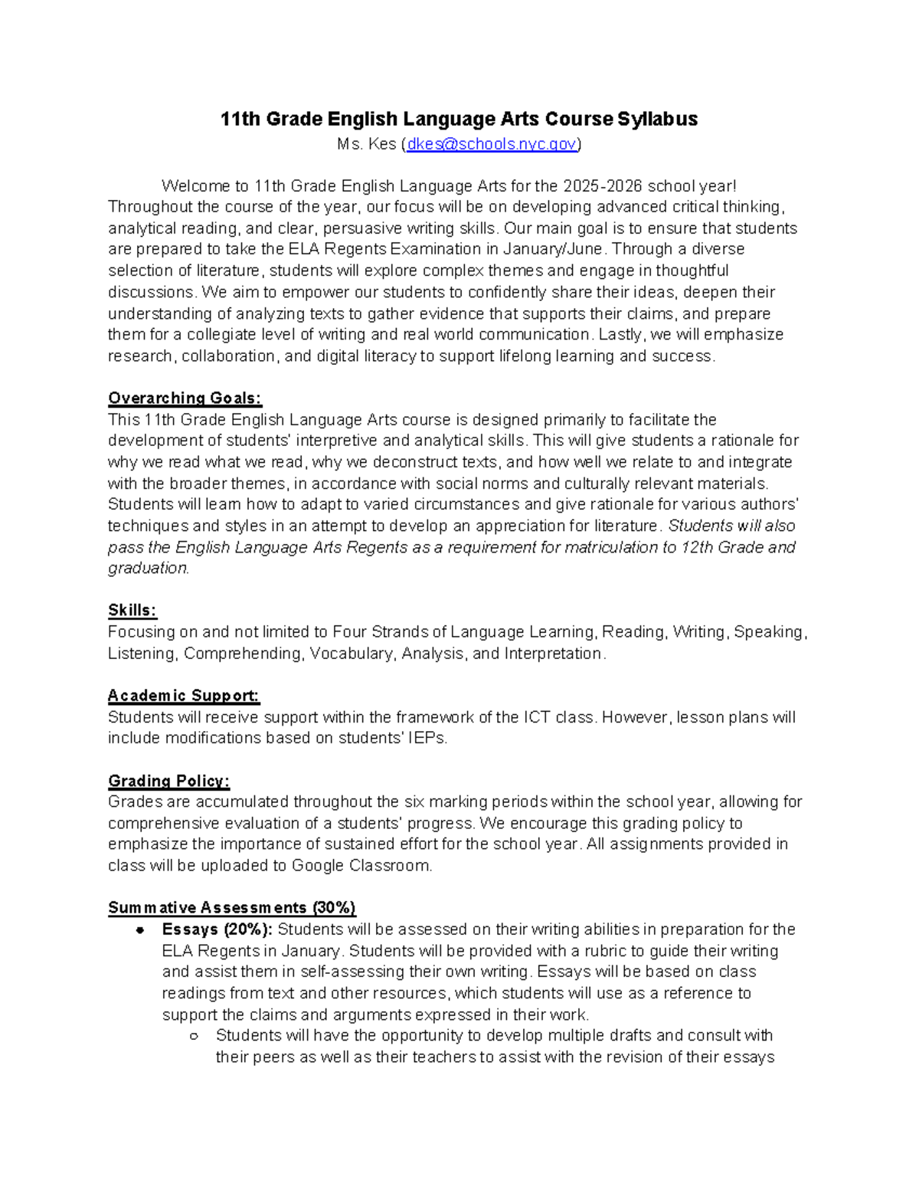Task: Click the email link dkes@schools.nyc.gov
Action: click(491, 144)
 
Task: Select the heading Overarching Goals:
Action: click(185, 398)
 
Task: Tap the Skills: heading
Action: click(132, 610)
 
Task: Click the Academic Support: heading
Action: click(184, 696)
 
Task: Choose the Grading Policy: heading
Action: click(168, 781)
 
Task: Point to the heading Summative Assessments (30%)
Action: click(231, 908)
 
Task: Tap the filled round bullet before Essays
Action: click(139, 930)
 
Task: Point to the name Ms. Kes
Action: click(367, 144)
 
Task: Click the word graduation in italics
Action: click(147, 569)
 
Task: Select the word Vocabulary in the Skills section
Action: click(351, 654)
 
